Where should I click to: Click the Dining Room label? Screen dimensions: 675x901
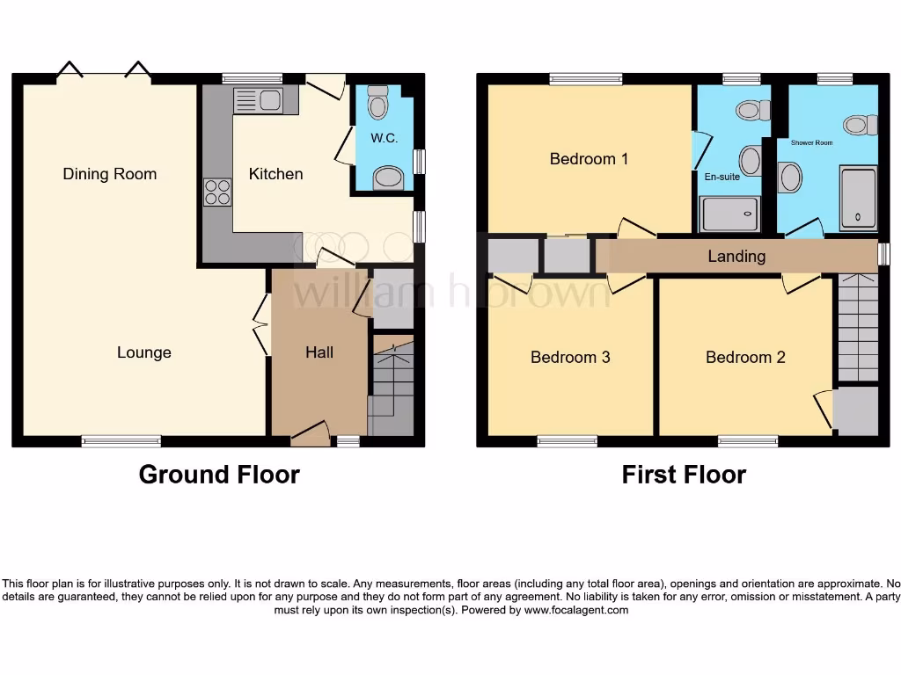[109, 174]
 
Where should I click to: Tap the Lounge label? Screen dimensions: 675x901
[144, 352]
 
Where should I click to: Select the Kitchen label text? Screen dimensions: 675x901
[275, 174]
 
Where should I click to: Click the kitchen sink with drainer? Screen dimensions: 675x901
[258, 101]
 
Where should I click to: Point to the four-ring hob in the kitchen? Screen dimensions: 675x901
[217, 192]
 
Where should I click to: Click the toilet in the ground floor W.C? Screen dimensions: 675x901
[378, 102]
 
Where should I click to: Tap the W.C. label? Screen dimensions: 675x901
[385, 138]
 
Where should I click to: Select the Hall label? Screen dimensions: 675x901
[319, 352]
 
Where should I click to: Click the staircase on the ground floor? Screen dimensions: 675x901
[392, 387]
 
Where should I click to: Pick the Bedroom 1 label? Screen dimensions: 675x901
[589, 159]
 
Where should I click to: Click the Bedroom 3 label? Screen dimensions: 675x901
[570, 358]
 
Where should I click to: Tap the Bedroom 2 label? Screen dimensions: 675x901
[745, 358]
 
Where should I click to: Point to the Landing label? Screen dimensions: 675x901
[736, 257]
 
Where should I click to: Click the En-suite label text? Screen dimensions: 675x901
[722, 177]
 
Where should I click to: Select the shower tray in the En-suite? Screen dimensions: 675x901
[729, 214]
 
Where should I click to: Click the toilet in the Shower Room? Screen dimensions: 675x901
[860, 125]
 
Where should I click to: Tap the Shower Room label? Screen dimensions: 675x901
[811, 142]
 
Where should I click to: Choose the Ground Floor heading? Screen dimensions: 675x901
[219, 475]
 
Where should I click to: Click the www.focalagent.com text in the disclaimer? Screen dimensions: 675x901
[575, 610]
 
